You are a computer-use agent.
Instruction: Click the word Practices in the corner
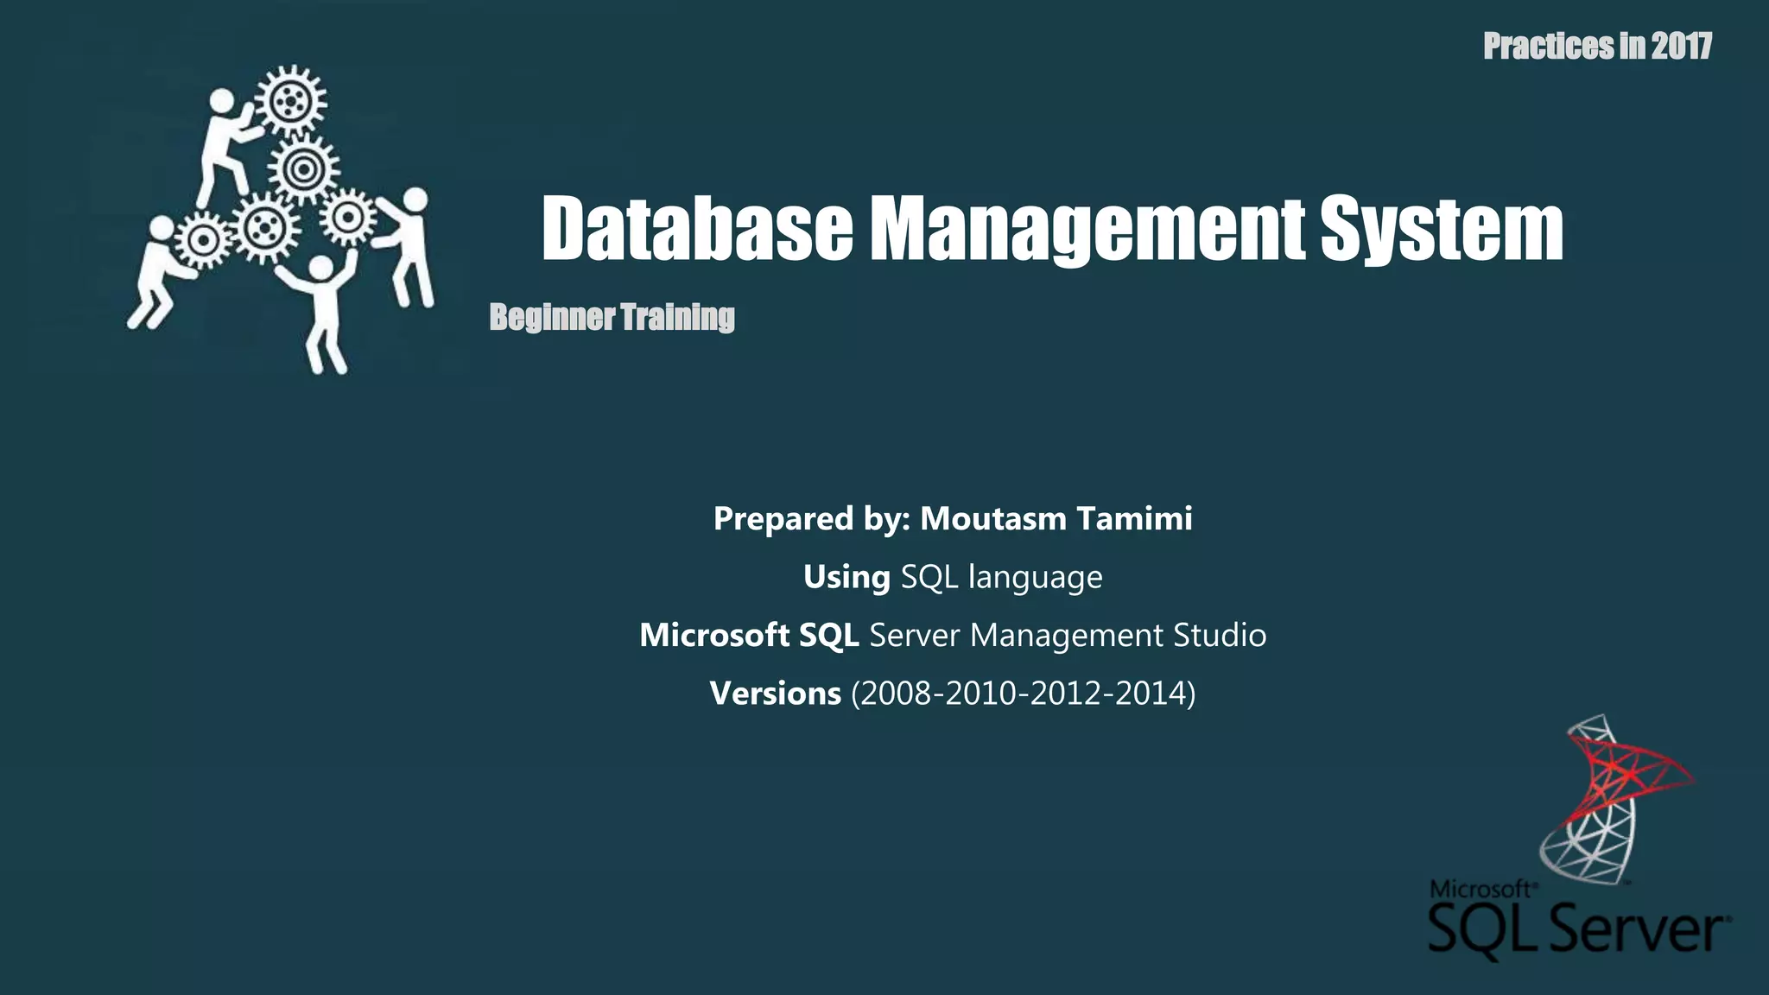coord(1549,46)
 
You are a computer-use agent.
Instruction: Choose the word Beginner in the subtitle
coord(552,317)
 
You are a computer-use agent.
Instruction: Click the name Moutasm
coord(993,518)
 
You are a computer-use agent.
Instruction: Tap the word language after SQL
coord(1035,577)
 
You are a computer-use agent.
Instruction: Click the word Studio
coord(1220,635)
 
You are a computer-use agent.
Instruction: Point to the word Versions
coord(775,693)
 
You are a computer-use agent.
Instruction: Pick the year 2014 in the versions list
coord(1151,693)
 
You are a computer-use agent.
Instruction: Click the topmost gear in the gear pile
coord(291,102)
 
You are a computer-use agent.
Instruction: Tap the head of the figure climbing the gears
coord(222,101)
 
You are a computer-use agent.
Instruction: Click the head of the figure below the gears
coord(320,269)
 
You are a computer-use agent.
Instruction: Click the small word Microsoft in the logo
coord(1480,890)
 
